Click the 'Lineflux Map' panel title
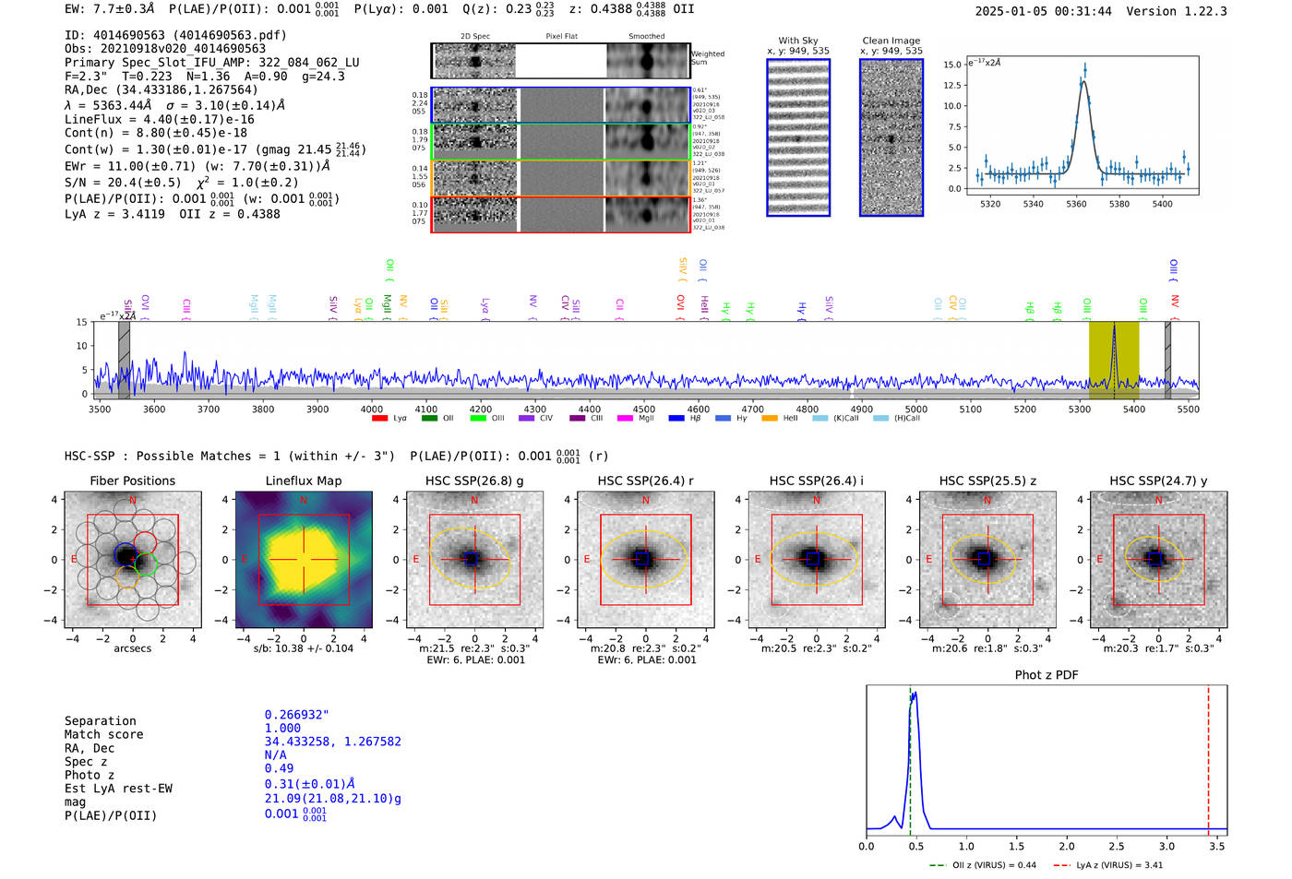303,481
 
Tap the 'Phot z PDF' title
1047,675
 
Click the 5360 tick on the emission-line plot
1076,204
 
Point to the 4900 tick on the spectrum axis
861,410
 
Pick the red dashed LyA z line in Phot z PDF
1208,756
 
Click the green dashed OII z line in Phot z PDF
910,756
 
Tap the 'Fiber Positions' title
132,481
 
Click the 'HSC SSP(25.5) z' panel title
987,481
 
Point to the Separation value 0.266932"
296,715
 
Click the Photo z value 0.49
279,768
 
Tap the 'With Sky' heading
797,41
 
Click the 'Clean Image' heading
891,41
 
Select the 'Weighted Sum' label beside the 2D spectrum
708,58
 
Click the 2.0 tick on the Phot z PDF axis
1067,846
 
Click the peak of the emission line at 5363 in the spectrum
1114,327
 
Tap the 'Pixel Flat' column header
561,37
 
